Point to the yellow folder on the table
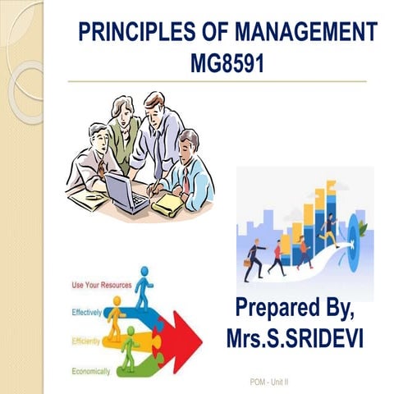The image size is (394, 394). point(167,201)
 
